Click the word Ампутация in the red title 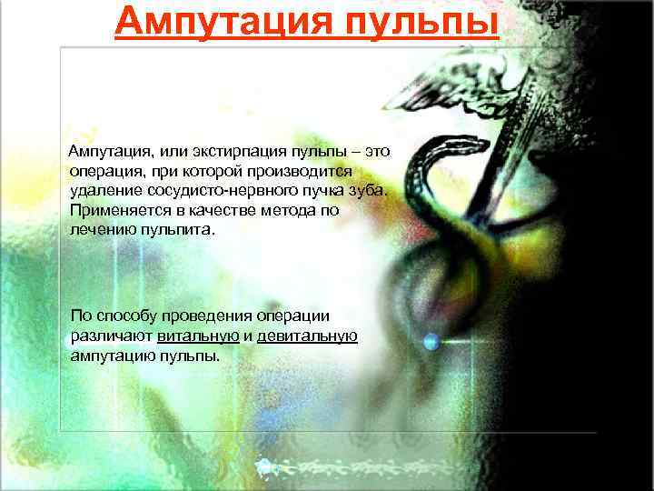pos(217,22)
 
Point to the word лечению pos(102,230)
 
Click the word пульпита pos(180,230)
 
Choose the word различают pos(110,336)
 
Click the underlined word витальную pos(198,336)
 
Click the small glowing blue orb pos(431,342)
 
